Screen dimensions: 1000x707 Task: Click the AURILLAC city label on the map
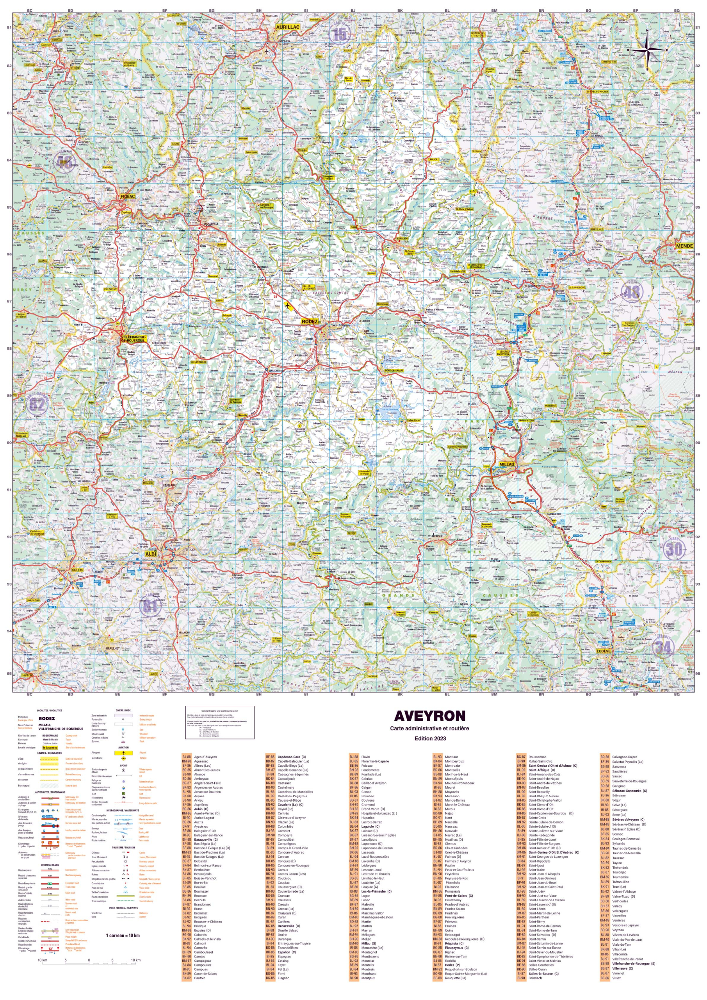[287, 27]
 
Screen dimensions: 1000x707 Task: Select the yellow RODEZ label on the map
[309, 321]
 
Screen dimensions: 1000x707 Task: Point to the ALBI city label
[150, 554]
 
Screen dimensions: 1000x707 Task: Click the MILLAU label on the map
[506, 464]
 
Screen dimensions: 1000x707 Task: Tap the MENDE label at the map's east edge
[684, 246]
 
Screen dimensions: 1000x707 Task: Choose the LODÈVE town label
[604, 651]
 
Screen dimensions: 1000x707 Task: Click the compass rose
[647, 49]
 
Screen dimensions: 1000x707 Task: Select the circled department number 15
[340, 34]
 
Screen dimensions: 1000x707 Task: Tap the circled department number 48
[632, 292]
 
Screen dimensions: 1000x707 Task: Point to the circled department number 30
[674, 549]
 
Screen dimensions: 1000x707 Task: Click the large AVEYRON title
[429, 716]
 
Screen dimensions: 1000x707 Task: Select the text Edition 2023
[430, 738]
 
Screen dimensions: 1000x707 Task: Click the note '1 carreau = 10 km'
[123, 935]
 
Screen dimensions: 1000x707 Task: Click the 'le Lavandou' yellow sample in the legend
[50, 747]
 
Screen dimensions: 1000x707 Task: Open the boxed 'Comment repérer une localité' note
[219, 723]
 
